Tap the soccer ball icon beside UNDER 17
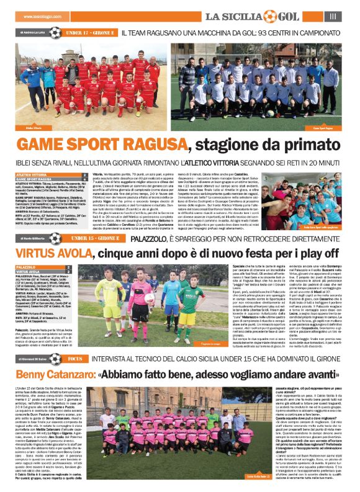click(56, 32)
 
